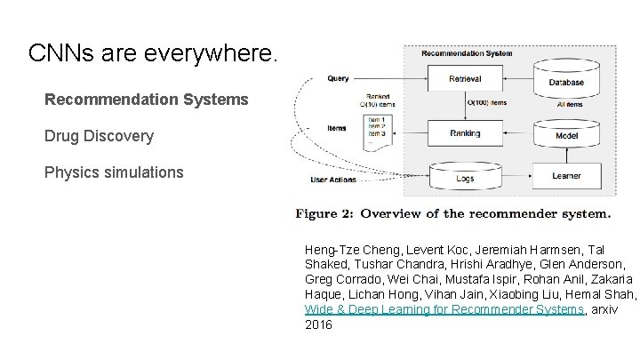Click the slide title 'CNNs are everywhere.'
(153, 53)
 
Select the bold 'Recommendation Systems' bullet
(147, 100)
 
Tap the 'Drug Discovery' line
(99, 136)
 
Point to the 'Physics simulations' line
(114, 172)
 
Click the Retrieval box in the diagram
(465, 78)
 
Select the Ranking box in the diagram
(465, 133)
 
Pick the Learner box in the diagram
(565, 176)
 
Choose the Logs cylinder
(465, 177)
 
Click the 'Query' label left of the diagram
(338, 78)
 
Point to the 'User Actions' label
(333, 180)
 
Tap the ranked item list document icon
(379, 132)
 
